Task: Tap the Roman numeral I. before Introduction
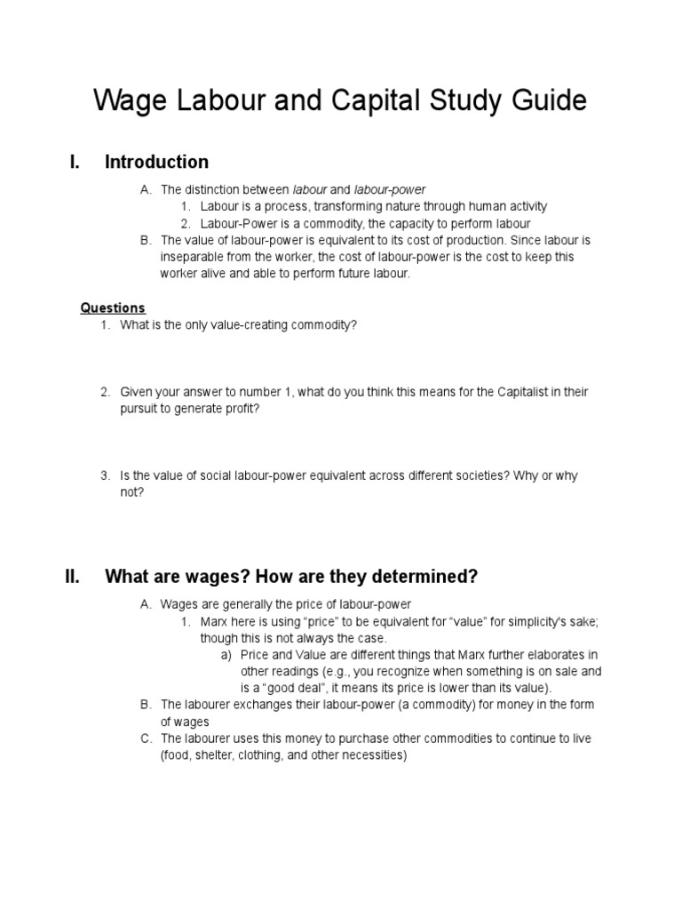[x=75, y=162]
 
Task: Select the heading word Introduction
[x=157, y=162]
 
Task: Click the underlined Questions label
[x=113, y=308]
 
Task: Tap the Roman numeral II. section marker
[x=73, y=577]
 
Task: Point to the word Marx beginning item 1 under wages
[x=215, y=621]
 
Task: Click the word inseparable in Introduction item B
[x=191, y=257]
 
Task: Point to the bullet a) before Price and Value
[x=226, y=655]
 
